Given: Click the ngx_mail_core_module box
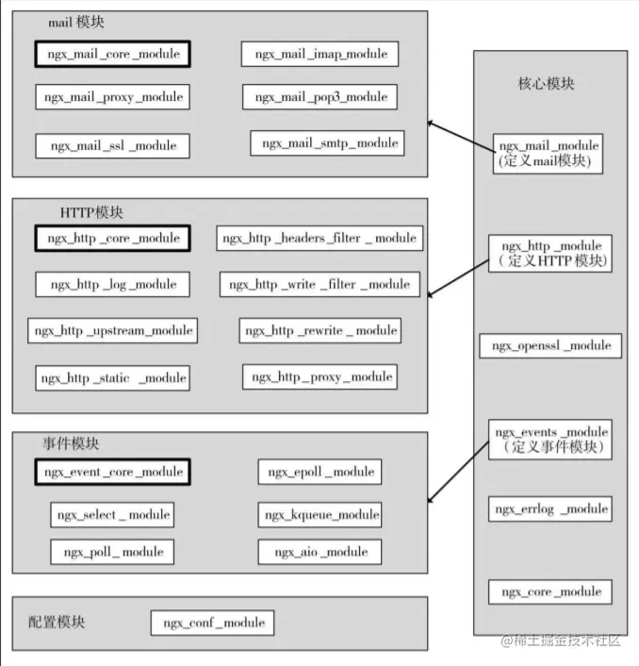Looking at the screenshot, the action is [113, 54].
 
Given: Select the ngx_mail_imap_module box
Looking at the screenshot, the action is [319, 54].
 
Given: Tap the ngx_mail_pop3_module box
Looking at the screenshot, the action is [319, 96].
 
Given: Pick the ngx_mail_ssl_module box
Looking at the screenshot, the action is [113, 146].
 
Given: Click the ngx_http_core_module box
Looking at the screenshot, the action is [113, 238].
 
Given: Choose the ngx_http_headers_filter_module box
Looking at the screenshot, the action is [319, 238].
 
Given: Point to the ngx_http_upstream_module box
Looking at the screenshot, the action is [113, 330].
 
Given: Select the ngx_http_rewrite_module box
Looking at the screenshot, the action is [320, 330].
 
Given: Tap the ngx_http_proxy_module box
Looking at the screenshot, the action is [319, 376].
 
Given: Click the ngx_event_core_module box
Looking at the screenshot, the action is [113, 471].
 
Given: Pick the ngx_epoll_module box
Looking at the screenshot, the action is [320, 471].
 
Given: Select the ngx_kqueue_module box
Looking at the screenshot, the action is [320, 514].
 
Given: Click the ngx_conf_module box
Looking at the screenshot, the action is [213, 623].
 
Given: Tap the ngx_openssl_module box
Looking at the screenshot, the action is [550, 346].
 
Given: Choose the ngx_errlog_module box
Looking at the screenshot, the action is [550, 509].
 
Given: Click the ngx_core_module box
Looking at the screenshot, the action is [550, 591].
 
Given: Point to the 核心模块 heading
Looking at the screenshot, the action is [546, 84].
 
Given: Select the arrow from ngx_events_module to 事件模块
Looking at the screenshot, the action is [460, 473].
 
